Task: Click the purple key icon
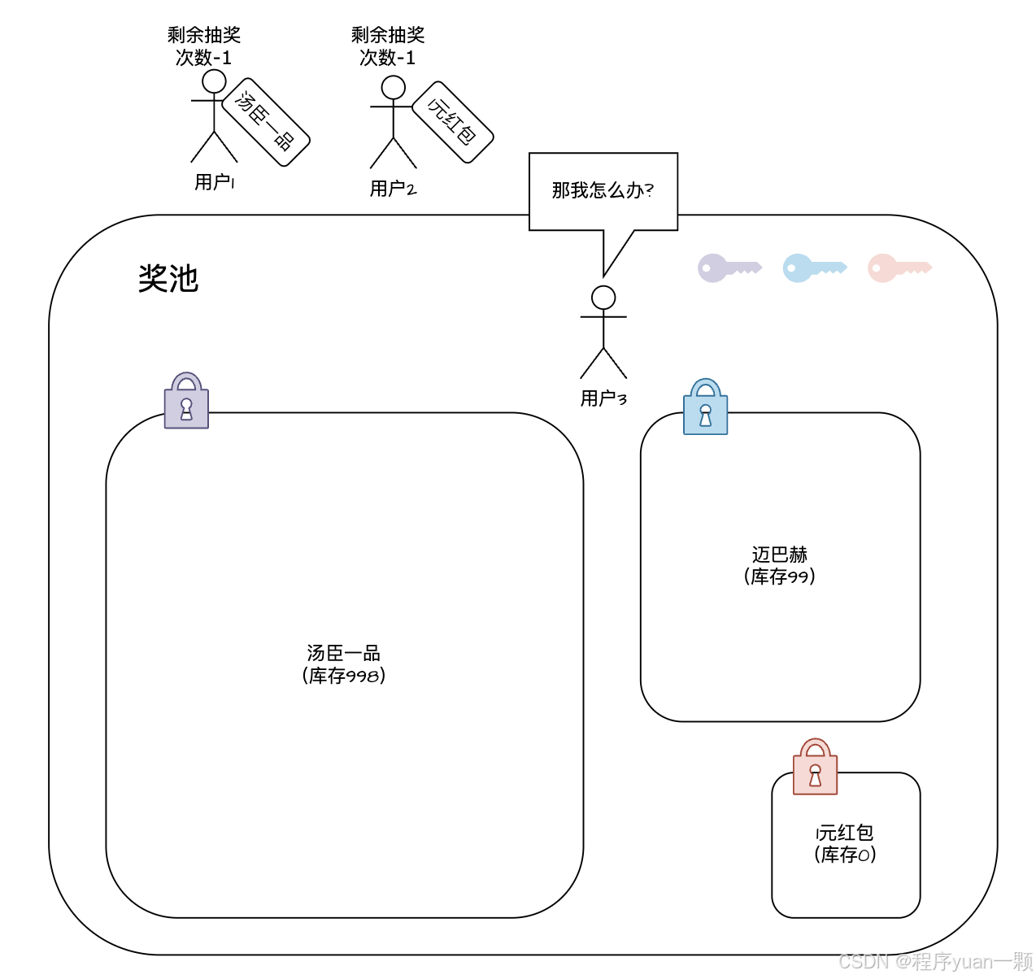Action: pyautogui.click(x=728, y=268)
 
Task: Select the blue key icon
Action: pyautogui.click(x=813, y=268)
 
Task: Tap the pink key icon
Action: pyautogui.click(x=899, y=268)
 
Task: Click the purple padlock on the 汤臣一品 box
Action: pyautogui.click(x=186, y=401)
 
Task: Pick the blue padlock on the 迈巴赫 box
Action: pyautogui.click(x=705, y=407)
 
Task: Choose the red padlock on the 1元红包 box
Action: pyautogui.click(x=815, y=768)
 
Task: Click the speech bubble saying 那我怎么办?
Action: pyautogui.click(x=603, y=191)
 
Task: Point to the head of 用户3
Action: pyautogui.click(x=603, y=298)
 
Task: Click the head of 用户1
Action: pyautogui.click(x=214, y=81)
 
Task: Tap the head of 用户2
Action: pyautogui.click(x=394, y=88)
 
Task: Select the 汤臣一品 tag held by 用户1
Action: pyautogui.click(x=266, y=122)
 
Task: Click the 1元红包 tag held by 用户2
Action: pyautogui.click(x=453, y=122)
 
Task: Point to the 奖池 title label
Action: pyautogui.click(x=168, y=279)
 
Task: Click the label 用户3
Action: pyautogui.click(x=603, y=398)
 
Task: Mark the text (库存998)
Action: pyautogui.click(x=343, y=676)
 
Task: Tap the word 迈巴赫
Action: pyautogui.click(x=779, y=555)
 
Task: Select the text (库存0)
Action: pyautogui.click(x=845, y=855)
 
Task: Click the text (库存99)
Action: pyautogui.click(x=779, y=577)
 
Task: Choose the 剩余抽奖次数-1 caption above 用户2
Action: pyautogui.click(x=388, y=46)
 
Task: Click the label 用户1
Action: pyautogui.click(x=215, y=182)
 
